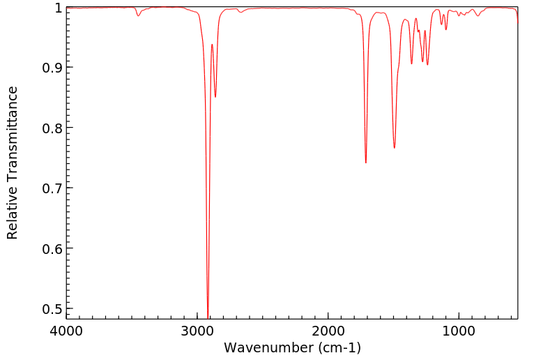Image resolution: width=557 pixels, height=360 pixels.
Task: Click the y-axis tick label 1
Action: point(58,8)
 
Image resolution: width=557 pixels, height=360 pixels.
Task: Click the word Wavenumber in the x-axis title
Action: point(268,347)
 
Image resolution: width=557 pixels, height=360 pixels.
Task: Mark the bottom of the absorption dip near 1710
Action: point(366,163)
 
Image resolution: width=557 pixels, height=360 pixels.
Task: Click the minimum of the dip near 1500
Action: point(395,148)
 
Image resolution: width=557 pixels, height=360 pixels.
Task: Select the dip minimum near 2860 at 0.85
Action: point(215,97)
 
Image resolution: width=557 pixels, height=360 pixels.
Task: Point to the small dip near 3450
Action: point(138,15)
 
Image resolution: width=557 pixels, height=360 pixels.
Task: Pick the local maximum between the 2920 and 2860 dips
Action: point(212,44)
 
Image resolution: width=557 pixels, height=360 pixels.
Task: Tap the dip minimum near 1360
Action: point(411,63)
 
